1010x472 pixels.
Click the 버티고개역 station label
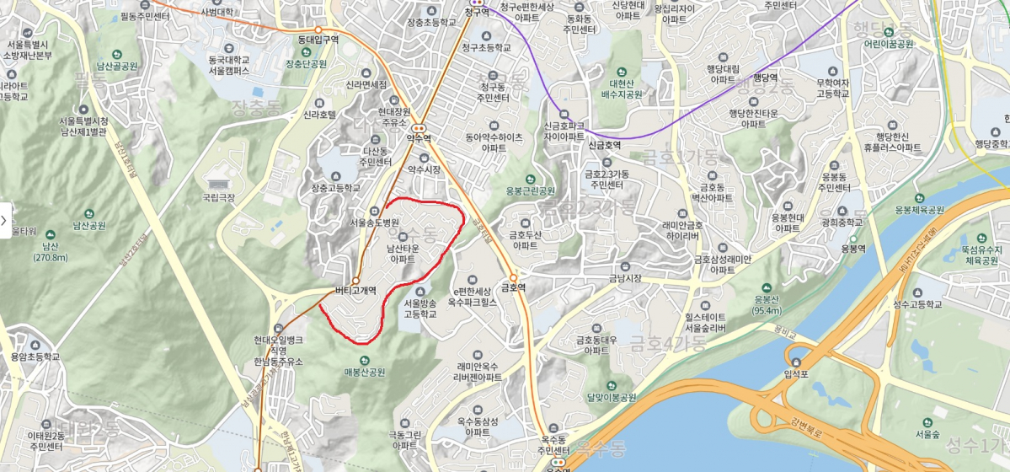tap(355, 292)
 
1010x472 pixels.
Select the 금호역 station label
tap(513, 287)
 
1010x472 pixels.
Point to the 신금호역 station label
tap(604, 145)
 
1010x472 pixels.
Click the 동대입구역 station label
tap(318, 39)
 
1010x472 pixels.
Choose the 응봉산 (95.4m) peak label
tap(766, 304)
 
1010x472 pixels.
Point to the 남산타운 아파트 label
tap(403, 254)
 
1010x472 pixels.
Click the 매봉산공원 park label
tap(364, 372)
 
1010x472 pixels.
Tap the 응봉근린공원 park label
tap(530, 190)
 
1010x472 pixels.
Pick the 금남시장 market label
tap(625, 278)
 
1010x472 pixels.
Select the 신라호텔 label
tap(320, 114)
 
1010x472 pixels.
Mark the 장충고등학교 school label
tap(335, 188)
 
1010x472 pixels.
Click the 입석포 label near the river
tap(796, 374)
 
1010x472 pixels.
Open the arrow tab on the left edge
tap(4, 220)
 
